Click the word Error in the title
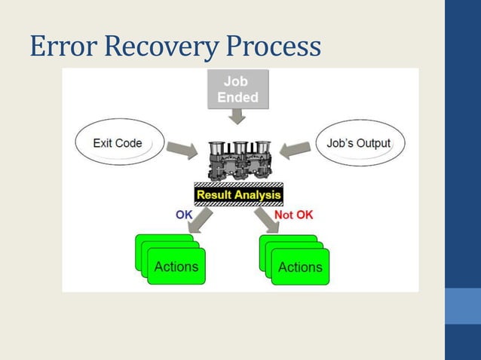pos(63,47)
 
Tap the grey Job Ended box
pos(237,89)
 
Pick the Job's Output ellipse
pos(359,143)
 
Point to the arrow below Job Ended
pos(237,115)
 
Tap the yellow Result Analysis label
pos(238,194)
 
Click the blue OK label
pos(185,214)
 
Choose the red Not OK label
pos(293,215)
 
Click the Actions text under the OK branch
pos(176,267)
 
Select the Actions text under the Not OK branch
pos(300,267)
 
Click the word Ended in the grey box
pos(237,97)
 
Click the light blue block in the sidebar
pos(462,306)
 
